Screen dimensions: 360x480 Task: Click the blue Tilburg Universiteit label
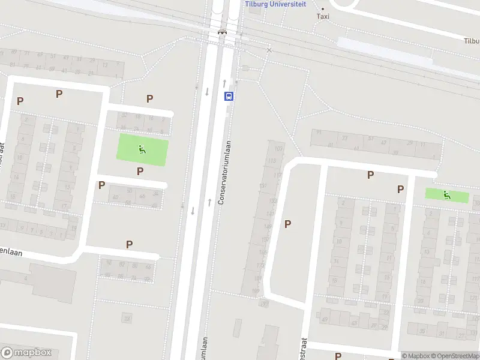pos(275,4)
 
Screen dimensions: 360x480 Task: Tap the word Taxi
pos(323,16)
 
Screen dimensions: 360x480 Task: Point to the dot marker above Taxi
pos(323,8)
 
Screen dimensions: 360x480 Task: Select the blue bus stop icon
pos(229,96)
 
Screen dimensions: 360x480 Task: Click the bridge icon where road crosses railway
pos(222,32)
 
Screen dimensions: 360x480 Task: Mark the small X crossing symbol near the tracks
pos(269,50)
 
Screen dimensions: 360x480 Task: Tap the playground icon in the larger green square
pos(142,150)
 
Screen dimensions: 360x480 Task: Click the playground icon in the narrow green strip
pos(446,194)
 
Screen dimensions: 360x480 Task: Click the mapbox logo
pos(26,353)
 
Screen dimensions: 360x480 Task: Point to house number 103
pos(278,148)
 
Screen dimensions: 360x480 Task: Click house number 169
pos(256,291)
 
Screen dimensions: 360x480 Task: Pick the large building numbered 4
pos(26,279)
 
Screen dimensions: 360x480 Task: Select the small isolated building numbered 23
pos(127,317)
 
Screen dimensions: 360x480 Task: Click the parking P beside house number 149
pos(288,224)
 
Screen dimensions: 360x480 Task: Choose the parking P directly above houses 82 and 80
pos(129,244)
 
